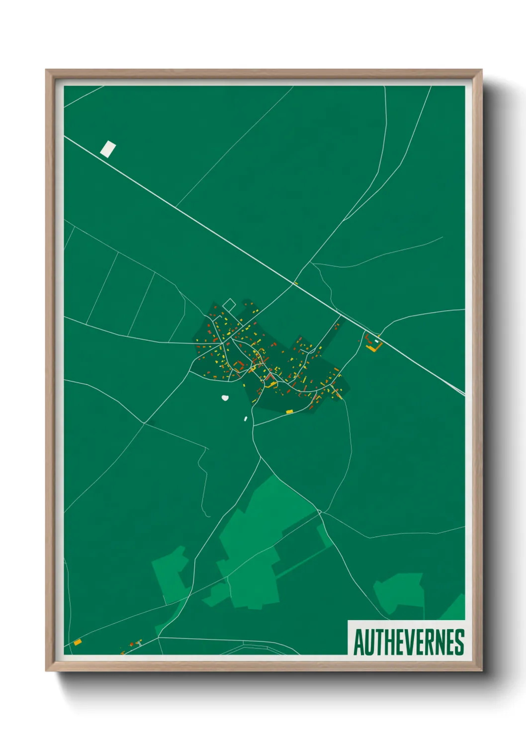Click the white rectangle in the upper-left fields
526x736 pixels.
[108, 149]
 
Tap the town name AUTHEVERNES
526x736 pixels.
[408, 642]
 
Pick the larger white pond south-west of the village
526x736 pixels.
[225, 398]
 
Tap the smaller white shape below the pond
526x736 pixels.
[246, 419]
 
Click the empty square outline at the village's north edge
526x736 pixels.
[229, 304]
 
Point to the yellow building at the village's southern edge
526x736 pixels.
[289, 412]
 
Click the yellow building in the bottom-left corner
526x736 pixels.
[78, 642]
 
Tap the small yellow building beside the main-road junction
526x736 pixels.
[296, 283]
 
